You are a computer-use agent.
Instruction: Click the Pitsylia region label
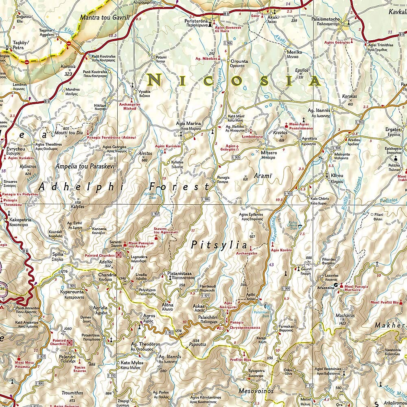tap(219, 245)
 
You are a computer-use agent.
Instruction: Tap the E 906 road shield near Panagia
tap(206, 199)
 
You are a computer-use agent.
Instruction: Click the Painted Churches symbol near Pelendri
tap(70, 343)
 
